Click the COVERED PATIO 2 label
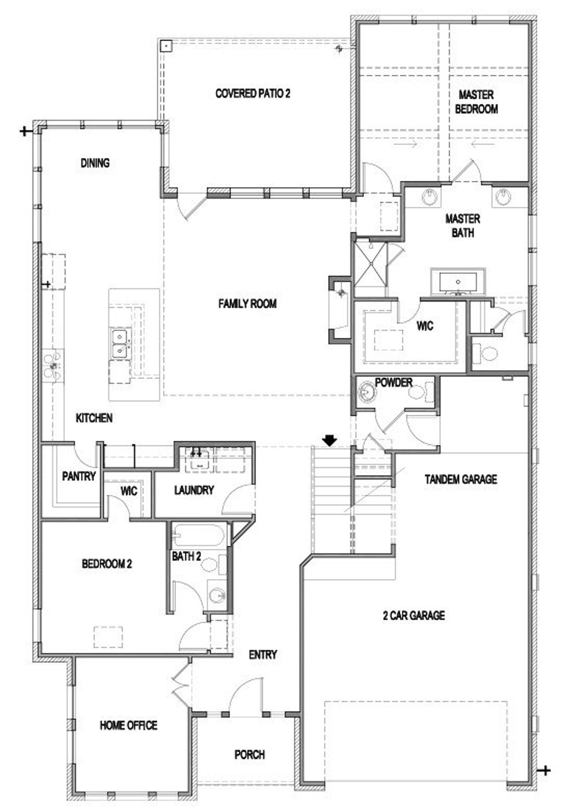(x=252, y=93)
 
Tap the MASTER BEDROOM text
(x=476, y=102)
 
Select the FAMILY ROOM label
(x=247, y=304)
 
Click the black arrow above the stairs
(x=330, y=440)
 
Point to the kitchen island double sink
(x=120, y=344)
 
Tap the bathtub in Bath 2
(x=198, y=535)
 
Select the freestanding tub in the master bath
(x=458, y=281)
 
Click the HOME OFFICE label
(x=128, y=725)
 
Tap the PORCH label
(x=249, y=754)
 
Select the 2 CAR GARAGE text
(x=413, y=615)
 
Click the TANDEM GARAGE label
(x=460, y=479)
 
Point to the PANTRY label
(x=79, y=476)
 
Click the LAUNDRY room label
(x=194, y=490)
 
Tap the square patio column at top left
(x=165, y=46)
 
